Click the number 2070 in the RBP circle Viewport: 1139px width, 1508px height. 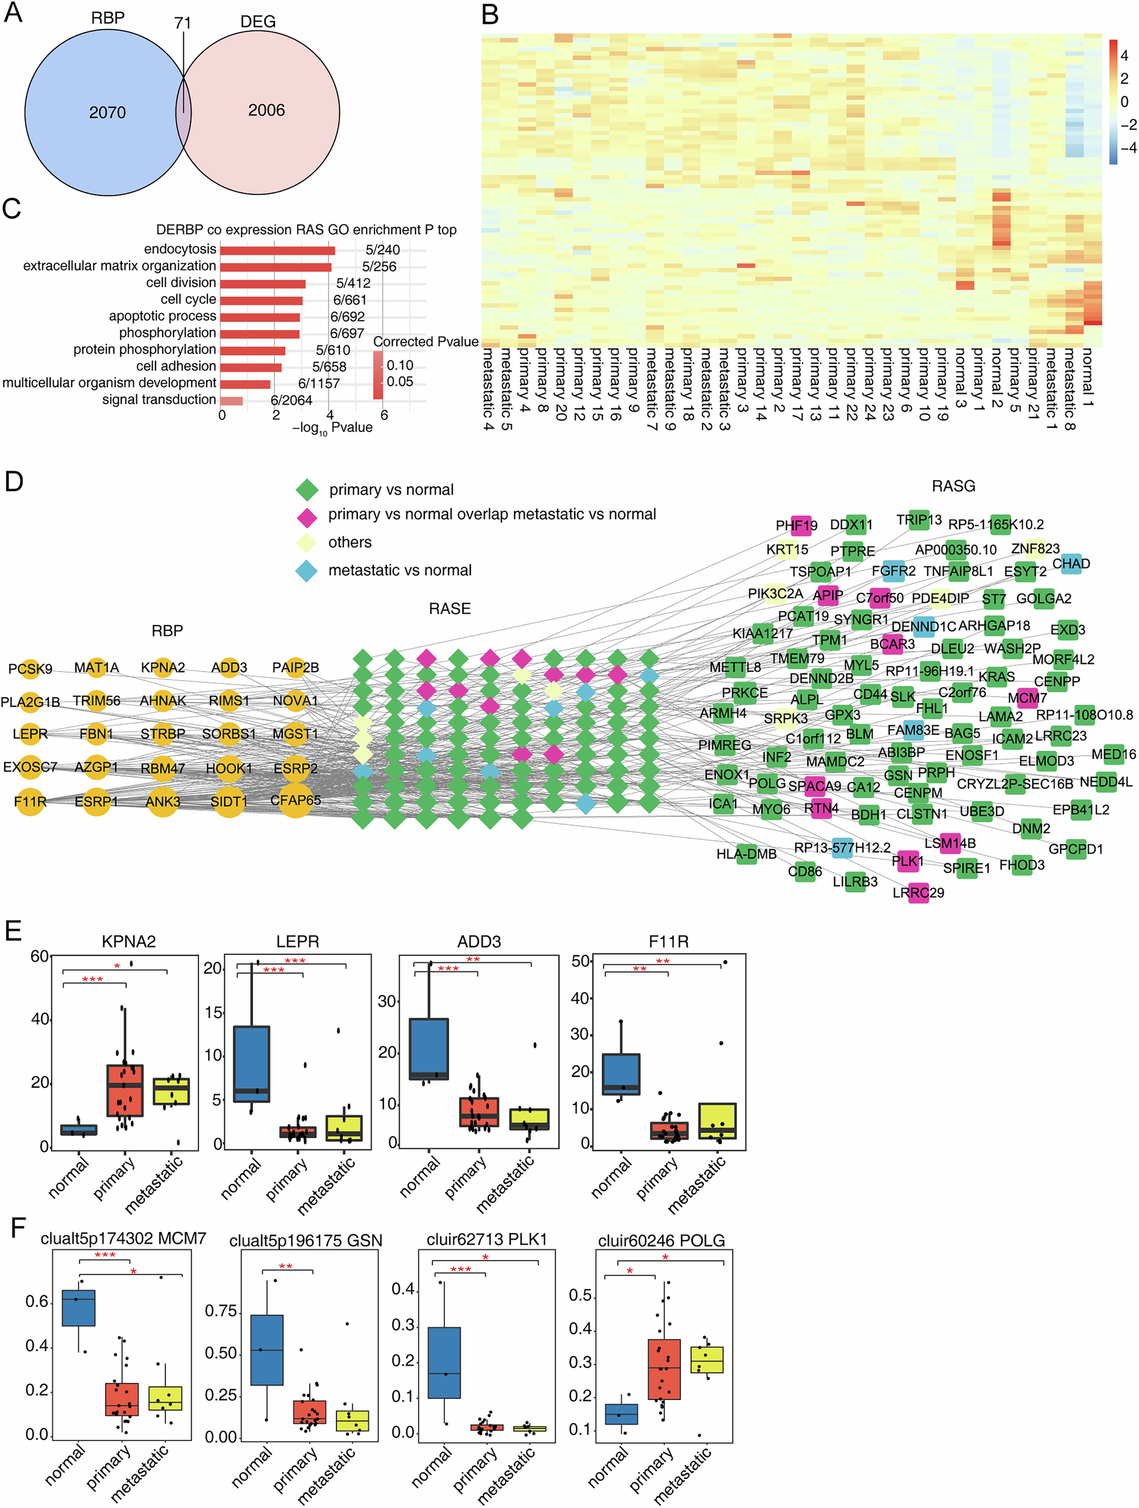coord(107,112)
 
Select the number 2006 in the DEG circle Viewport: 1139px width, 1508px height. coord(266,110)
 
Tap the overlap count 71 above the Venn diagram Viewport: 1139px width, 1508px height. coord(183,23)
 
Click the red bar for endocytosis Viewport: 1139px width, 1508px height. coord(277,250)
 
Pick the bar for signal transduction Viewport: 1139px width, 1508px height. coord(231,400)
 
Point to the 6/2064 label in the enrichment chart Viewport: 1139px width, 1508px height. coord(291,400)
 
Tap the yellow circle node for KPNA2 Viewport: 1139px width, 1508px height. coord(163,667)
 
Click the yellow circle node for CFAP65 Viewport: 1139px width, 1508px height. coord(295,800)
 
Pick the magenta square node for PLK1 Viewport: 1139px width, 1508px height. coord(908,861)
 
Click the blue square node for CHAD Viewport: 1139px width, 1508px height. coord(1071,564)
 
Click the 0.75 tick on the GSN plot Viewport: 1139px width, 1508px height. coord(221,1311)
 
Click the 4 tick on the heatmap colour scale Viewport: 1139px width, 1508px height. coord(1124,56)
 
